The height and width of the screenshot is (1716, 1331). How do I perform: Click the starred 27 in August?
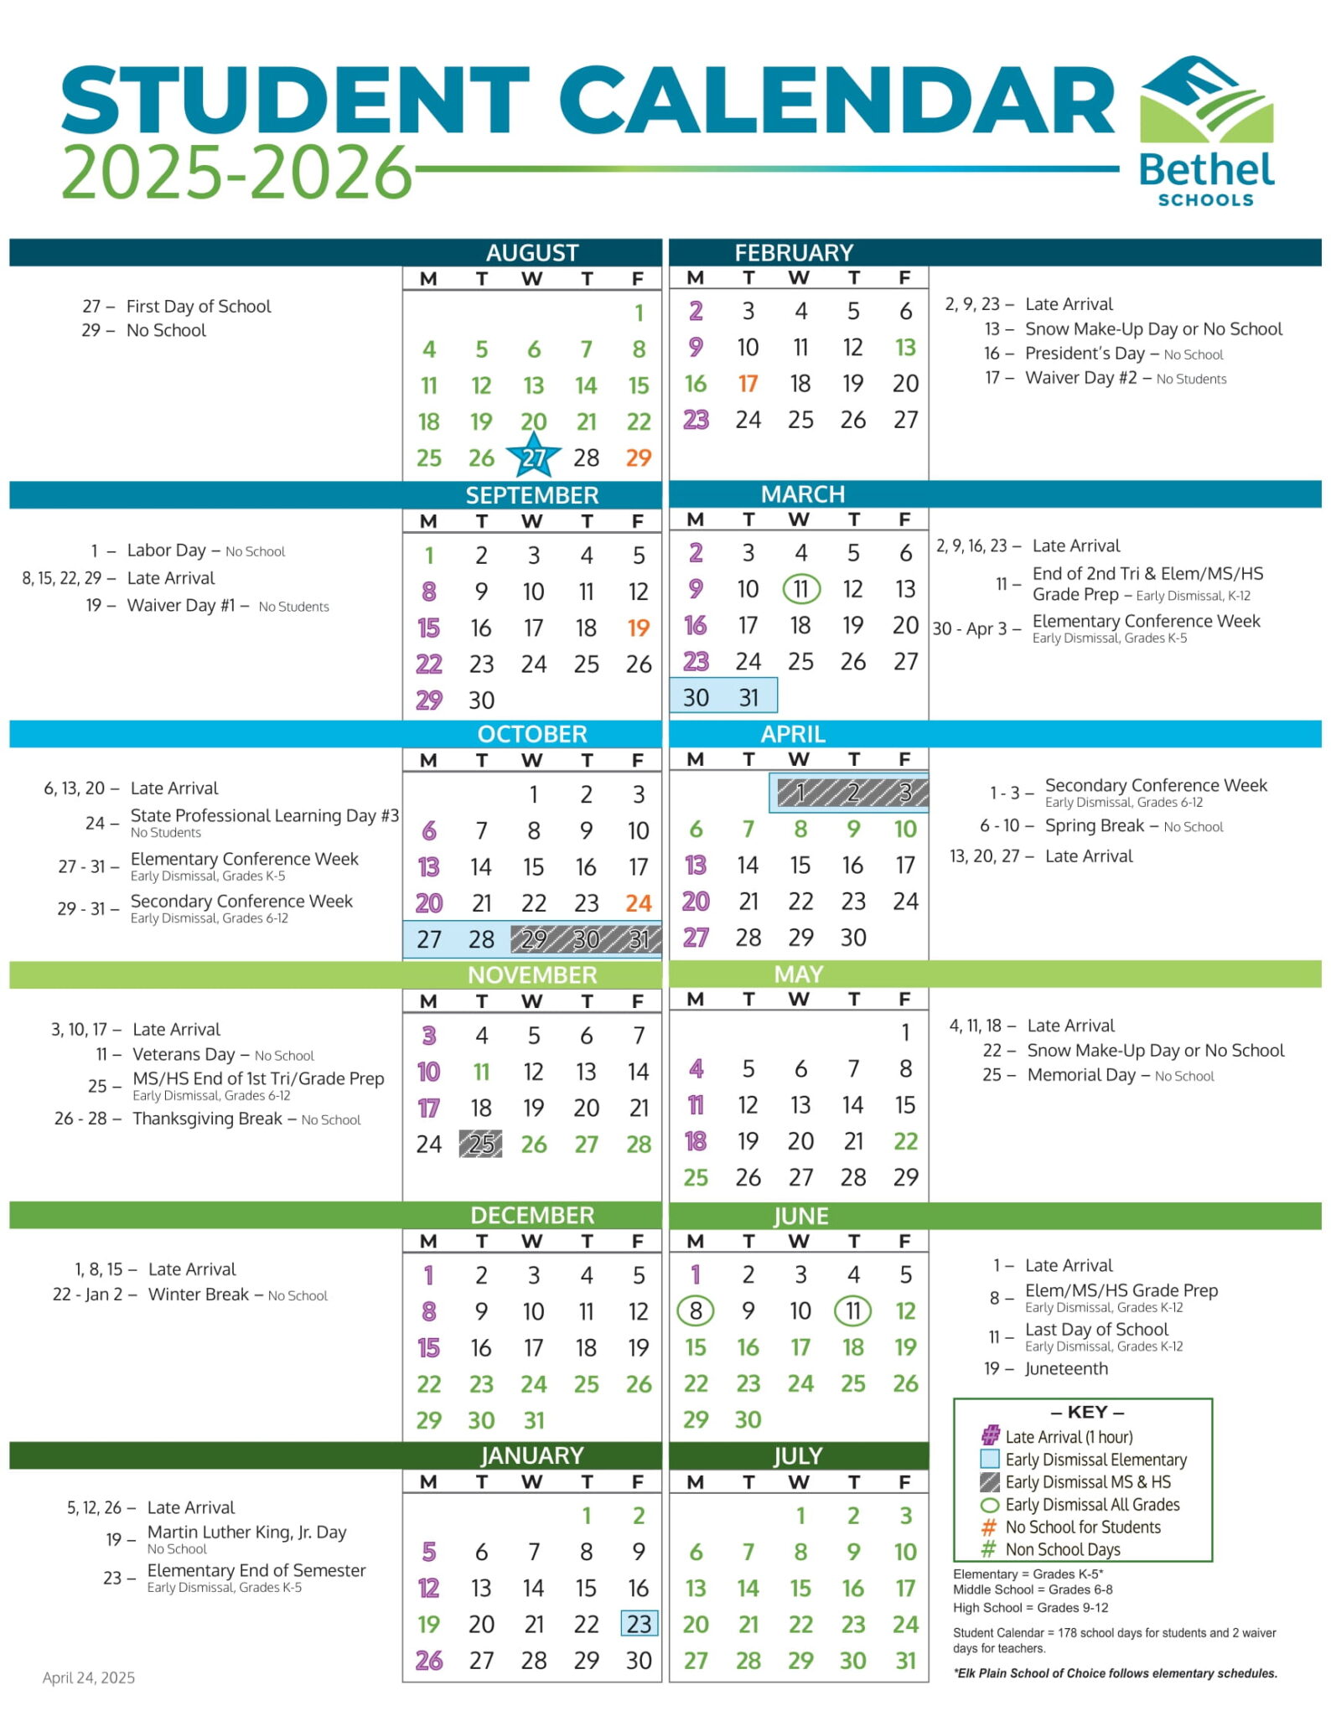(x=533, y=457)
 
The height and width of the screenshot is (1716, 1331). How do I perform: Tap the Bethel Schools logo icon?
(x=1206, y=100)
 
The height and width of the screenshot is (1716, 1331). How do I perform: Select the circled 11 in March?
(x=800, y=589)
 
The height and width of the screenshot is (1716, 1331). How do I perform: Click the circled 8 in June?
(x=696, y=1310)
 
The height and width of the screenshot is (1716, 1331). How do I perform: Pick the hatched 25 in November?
(x=481, y=1144)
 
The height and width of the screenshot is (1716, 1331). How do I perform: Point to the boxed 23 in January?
(x=639, y=1624)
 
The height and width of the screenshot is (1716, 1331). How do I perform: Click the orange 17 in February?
(x=748, y=384)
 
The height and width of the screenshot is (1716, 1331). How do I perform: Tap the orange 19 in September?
(x=639, y=628)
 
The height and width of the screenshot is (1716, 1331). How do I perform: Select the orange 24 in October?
(x=639, y=903)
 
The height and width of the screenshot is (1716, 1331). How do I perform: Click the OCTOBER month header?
(x=532, y=734)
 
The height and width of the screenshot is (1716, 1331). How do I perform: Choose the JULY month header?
(x=797, y=1456)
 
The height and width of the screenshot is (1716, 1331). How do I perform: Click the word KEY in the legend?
(x=1087, y=1412)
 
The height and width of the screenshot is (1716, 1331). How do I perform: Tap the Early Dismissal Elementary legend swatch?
(x=990, y=1459)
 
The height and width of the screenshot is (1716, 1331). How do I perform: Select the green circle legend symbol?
(x=990, y=1504)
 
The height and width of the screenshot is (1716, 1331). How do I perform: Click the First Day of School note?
(x=199, y=307)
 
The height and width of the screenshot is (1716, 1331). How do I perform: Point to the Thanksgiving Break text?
(x=207, y=1119)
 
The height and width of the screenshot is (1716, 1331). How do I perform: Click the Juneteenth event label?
(x=1066, y=1368)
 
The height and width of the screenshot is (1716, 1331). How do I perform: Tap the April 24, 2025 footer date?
(x=89, y=1677)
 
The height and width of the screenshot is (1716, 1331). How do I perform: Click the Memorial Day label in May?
(x=1081, y=1075)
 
